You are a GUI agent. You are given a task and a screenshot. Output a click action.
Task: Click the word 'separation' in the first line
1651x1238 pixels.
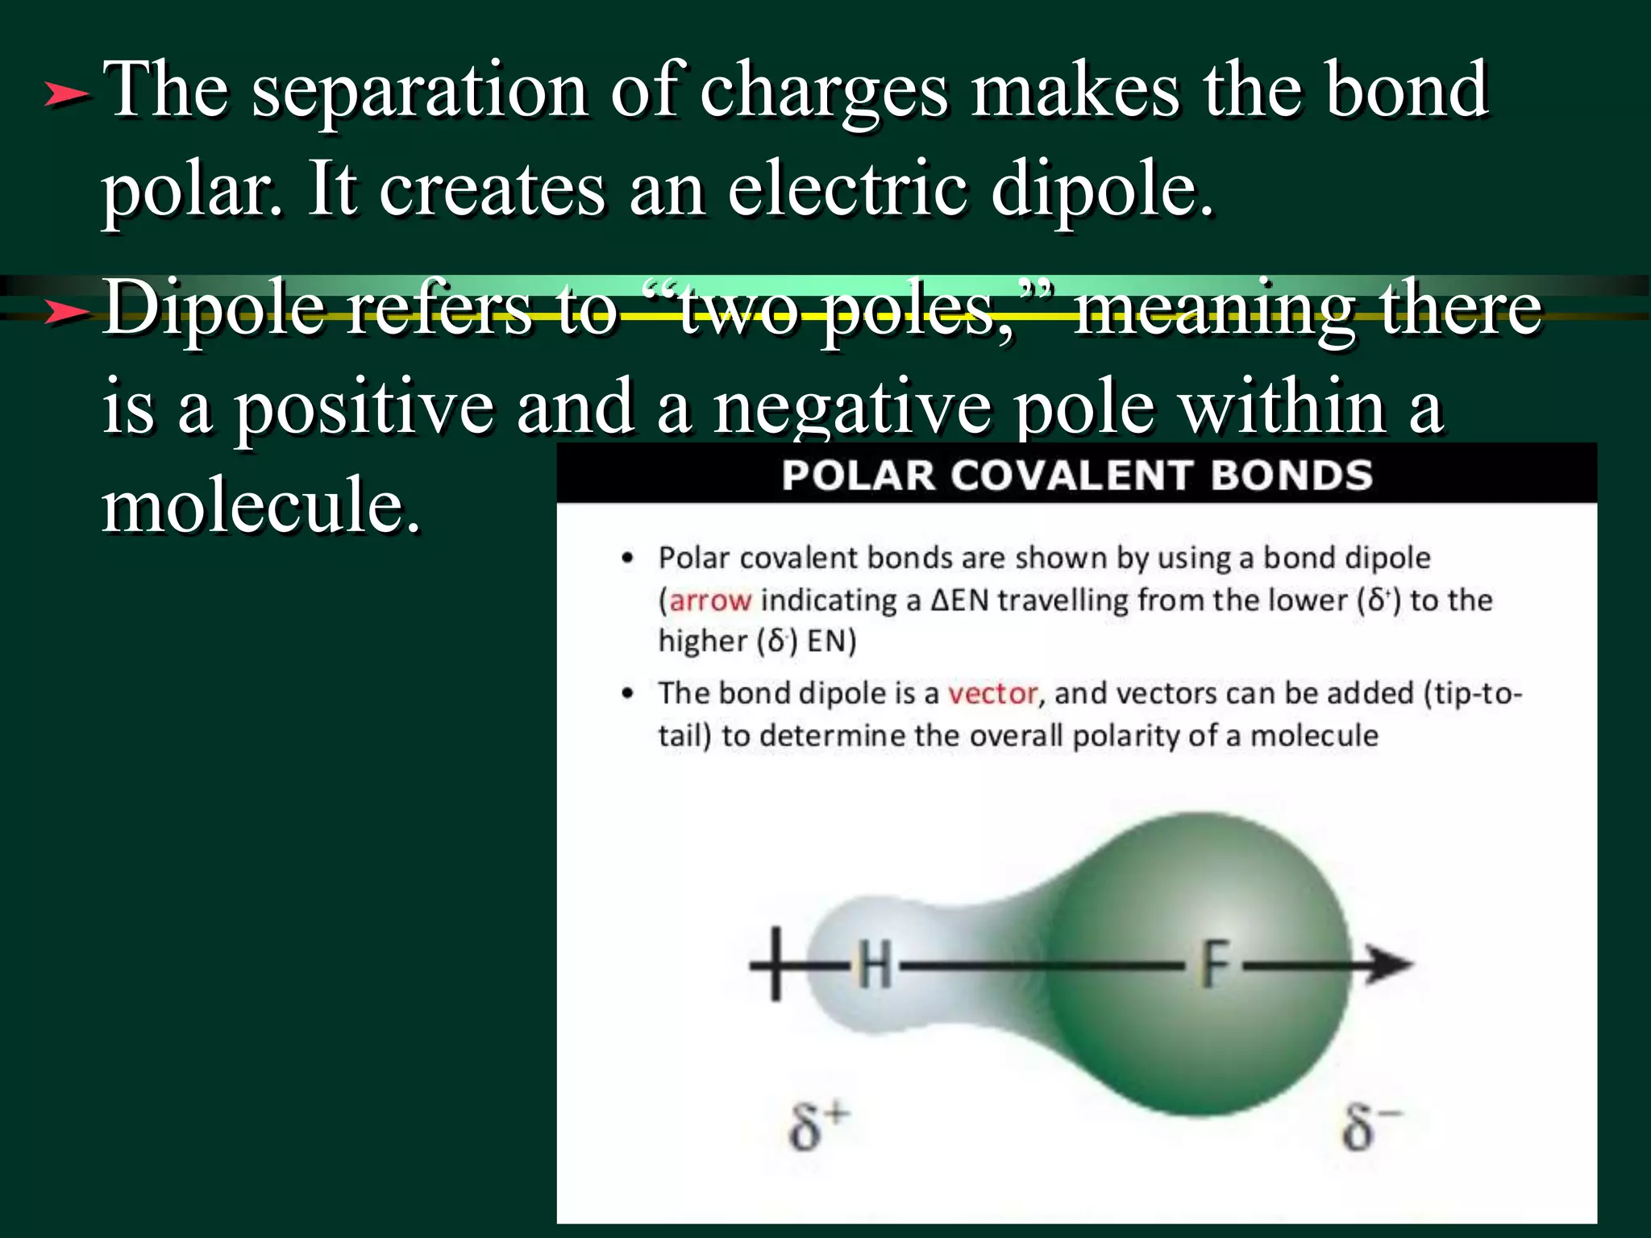[418, 93]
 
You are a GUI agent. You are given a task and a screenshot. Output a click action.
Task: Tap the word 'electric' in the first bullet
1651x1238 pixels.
[846, 190]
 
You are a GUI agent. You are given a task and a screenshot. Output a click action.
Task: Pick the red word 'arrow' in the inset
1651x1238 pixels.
[710, 600]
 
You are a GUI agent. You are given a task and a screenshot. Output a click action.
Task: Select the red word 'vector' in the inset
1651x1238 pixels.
[992, 694]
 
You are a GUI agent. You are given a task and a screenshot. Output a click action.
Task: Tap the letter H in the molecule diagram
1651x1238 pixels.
[874, 965]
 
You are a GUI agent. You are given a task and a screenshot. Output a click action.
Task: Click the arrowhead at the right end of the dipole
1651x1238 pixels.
[1390, 964]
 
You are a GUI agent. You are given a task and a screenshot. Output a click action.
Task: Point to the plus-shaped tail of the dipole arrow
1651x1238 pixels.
[775, 965]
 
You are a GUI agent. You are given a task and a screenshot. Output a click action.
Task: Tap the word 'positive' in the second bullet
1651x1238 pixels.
[364, 408]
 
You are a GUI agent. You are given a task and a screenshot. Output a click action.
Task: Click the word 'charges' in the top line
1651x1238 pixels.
[823, 93]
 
